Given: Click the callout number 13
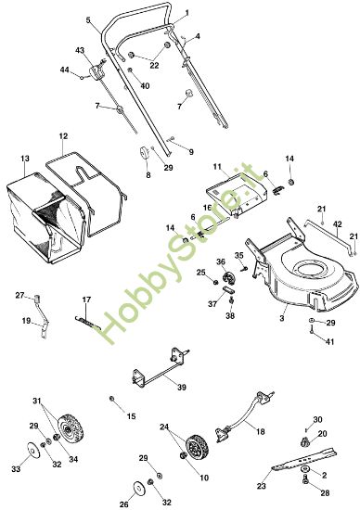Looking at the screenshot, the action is pos(23,159).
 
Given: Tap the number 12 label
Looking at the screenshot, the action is pos(63,136).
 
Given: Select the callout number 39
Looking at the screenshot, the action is pos(181,387).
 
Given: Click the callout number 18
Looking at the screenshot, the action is pos(259,433).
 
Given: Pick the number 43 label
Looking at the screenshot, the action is pos(80,50).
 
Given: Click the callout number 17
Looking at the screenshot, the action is pos(86,299).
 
